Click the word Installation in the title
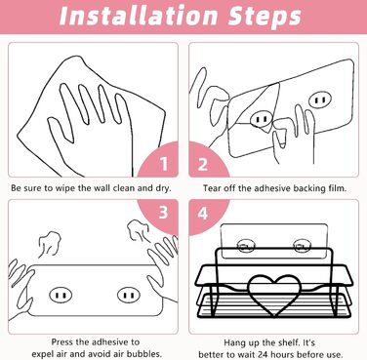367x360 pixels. tap(139, 16)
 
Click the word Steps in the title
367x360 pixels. tap(265, 17)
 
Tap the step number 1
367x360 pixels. tap(164, 164)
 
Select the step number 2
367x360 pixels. tap(203, 164)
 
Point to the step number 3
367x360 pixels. tap(163, 213)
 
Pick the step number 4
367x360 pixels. tap(203, 214)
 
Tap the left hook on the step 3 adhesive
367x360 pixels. tap(61, 296)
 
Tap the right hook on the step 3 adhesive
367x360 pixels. tap(129, 296)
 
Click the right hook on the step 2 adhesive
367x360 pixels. tap(320, 100)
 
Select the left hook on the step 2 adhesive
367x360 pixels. tap(262, 119)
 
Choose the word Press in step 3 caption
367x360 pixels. tap(62, 341)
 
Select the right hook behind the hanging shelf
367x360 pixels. tap(300, 246)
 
